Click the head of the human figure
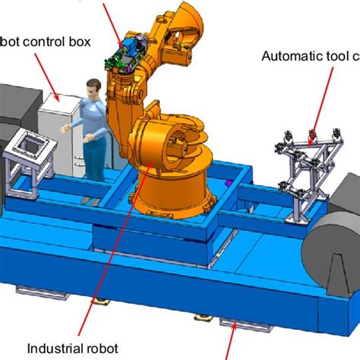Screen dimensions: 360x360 click(93, 86)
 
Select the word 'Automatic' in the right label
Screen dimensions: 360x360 click(287, 55)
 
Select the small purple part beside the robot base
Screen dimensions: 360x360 click(226, 183)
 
